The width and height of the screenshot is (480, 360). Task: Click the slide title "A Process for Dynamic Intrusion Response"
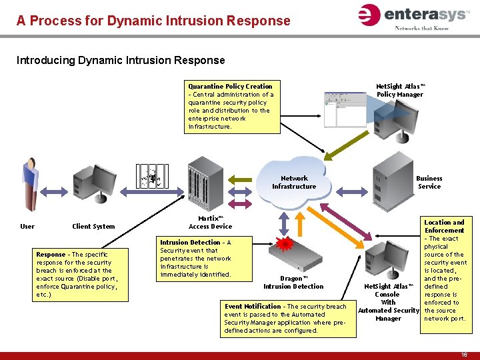coord(153,21)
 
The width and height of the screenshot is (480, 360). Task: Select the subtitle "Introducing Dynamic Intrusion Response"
coord(121,61)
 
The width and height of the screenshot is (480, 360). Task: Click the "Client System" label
coord(93,227)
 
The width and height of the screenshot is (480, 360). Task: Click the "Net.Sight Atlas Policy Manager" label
coord(400,91)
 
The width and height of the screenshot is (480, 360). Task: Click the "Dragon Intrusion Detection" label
coord(293,283)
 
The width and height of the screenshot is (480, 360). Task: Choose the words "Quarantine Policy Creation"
coord(230,87)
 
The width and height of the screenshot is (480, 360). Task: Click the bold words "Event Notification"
coord(253,307)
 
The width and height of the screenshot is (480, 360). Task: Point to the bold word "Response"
coord(51,255)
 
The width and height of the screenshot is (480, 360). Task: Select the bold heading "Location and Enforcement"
coord(444,227)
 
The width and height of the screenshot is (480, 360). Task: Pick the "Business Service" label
coord(429,183)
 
